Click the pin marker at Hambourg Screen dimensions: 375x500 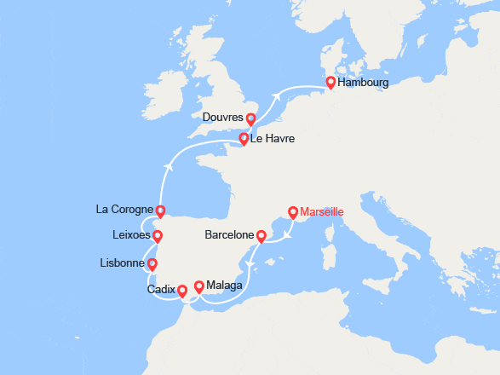point(330,83)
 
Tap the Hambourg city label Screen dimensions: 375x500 point(363,84)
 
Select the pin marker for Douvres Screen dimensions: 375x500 point(250,118)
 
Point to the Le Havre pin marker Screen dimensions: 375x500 point(244,138)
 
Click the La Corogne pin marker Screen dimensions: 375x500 point(160,211)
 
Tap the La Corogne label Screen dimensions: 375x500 point(124,209)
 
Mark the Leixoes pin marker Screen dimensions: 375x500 point(157,235)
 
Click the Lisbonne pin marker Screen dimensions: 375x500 point(152,263)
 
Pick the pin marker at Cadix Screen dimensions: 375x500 point(181,291)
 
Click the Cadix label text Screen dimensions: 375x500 point(161,290)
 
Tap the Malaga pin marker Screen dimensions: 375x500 point(199,287)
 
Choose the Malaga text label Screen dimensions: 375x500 point(225,286)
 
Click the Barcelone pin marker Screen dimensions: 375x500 point(261,236)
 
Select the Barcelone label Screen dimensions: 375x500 point(230,234)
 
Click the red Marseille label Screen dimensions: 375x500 point(323,211)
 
